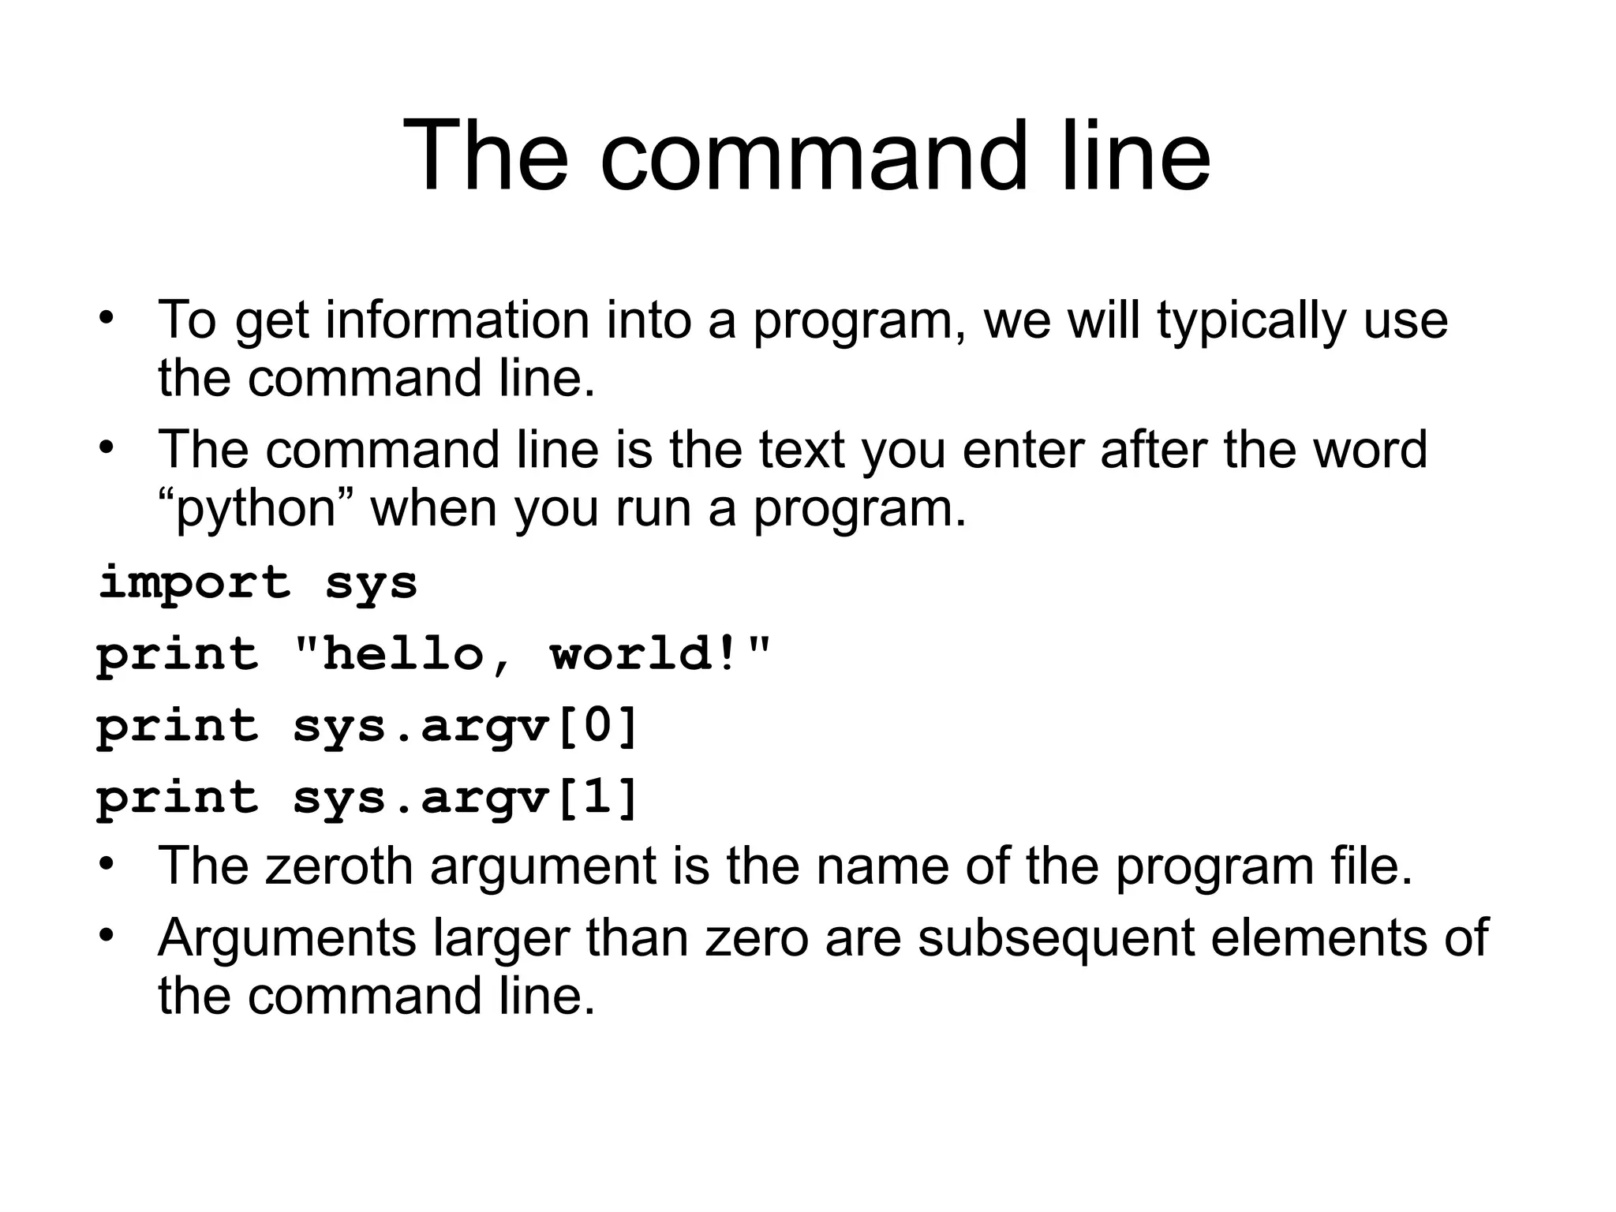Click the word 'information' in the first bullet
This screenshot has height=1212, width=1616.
tap(458, 320)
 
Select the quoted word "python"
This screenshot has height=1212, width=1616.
tap(256, 509)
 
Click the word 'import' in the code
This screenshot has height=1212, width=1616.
tap(194, 584)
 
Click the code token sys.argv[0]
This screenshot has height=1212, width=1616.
tap(466, 726)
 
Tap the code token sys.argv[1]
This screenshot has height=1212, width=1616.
tap(466, 798)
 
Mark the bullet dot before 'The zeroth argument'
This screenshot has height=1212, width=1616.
tap(107, 864)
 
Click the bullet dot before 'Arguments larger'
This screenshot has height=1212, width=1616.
tap(107, 936)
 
